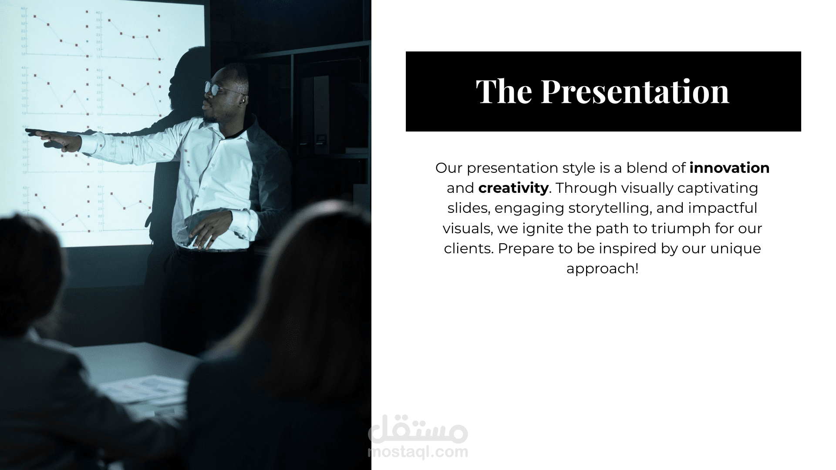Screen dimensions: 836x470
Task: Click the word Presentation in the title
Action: click(635, 91)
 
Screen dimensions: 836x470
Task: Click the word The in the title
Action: click(504, 91)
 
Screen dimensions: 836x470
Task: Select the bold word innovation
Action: click(729, 168)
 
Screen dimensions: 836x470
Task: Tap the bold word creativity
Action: click(513, 188)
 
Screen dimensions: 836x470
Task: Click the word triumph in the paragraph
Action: click(677, 228)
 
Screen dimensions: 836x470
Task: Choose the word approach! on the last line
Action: click(603, 269)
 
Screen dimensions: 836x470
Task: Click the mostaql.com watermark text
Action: click(418, 452)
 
